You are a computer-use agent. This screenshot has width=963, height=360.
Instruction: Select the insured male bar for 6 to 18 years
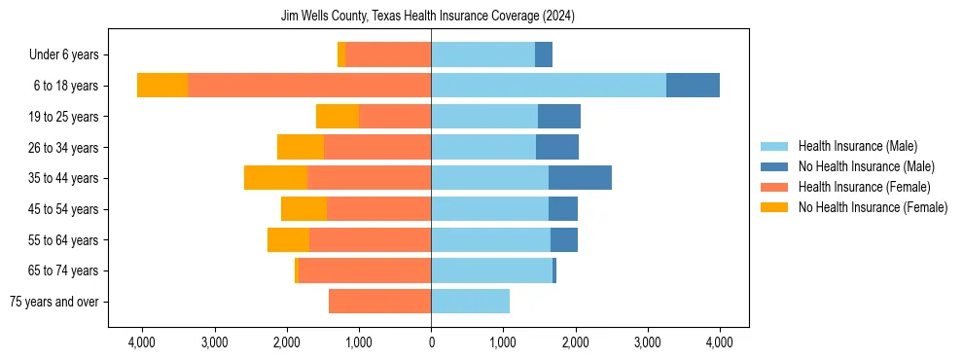549,86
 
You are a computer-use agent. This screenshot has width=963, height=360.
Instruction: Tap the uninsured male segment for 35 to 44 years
580,178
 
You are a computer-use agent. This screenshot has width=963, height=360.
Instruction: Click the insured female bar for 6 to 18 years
309,86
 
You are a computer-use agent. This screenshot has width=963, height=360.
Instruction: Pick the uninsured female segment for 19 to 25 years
338,117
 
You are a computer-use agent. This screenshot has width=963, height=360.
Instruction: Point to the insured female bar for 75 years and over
379,302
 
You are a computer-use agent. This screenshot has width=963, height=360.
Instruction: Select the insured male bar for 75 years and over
470,302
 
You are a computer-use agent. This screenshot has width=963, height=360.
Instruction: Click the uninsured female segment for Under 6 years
341,54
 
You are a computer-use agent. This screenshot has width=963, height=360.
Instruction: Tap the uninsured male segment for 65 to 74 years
554,270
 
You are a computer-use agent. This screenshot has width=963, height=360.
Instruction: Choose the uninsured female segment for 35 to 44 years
275,178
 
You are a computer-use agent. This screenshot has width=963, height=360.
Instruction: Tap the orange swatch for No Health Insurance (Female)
774,207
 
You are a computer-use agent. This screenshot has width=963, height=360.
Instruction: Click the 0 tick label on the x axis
431,342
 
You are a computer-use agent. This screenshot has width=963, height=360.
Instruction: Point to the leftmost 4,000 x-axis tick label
142,342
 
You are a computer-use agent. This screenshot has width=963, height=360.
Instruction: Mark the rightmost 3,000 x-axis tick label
648,342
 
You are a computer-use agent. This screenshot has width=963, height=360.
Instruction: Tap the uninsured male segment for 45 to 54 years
563,209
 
